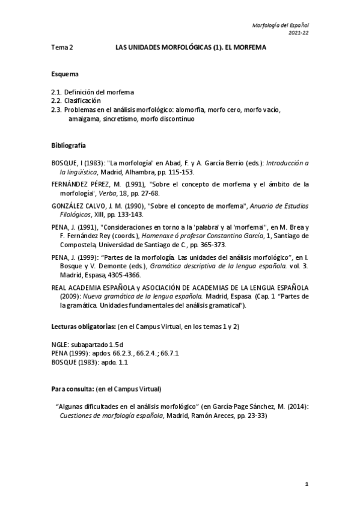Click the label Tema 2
pos(62,47)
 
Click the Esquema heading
pos(65,75)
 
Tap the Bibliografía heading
pos(69,146)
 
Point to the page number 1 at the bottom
pos(307,484)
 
